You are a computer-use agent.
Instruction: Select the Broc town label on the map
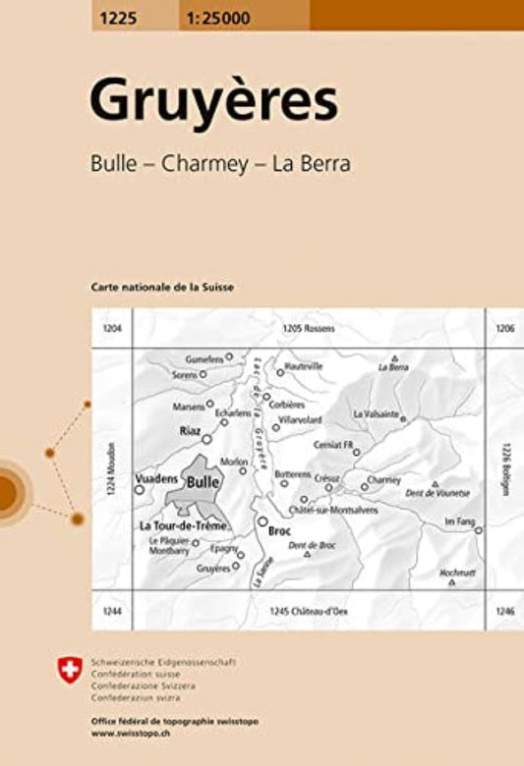tap(279, 530)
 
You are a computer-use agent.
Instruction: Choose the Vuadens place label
tap(156, 477)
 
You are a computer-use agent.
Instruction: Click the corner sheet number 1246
tap(505, 612)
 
